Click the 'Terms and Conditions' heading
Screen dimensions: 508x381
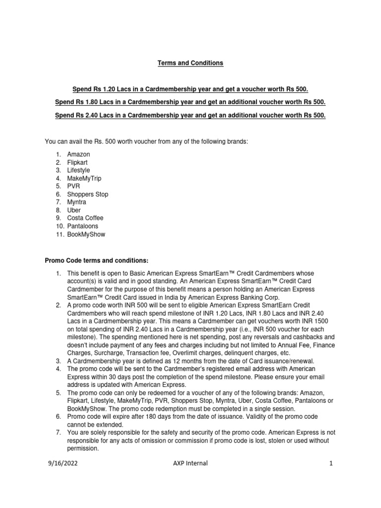coord(190,63)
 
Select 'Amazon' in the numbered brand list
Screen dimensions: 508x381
coord(78,155)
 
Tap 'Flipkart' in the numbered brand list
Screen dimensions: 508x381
coord(78,163)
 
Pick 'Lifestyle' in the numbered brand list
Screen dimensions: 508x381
coord(79,171)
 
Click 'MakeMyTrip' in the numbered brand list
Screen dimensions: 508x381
coord(84,179)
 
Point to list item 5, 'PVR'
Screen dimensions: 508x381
coord(73,187)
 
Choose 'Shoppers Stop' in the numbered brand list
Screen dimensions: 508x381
coord(88,194)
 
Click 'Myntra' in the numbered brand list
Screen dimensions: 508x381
coord(77,202)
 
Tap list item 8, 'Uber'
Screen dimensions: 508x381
coord(74,210)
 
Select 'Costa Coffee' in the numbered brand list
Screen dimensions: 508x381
coord(85,218)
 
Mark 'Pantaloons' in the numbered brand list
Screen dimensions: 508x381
coord(83,226)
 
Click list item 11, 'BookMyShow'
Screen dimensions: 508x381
coord(86,234)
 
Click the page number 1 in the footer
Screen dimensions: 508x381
coord(330,463)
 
